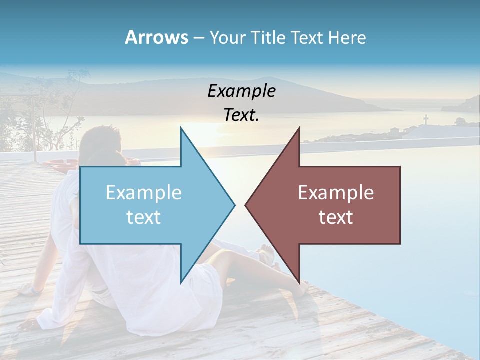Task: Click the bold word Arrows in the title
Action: coord(157,37)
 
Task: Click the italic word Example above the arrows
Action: coord(241,91)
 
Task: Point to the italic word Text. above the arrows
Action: coord(241,115)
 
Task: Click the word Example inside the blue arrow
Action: coord(144,193)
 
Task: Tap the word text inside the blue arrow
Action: coord(144,217)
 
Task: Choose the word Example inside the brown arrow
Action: coord(336,193)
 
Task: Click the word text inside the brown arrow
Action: coord(336,217)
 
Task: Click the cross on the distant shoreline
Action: coord(426,120)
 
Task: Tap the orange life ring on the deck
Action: coord(60,163)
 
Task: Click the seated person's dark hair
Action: coord(100,145)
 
